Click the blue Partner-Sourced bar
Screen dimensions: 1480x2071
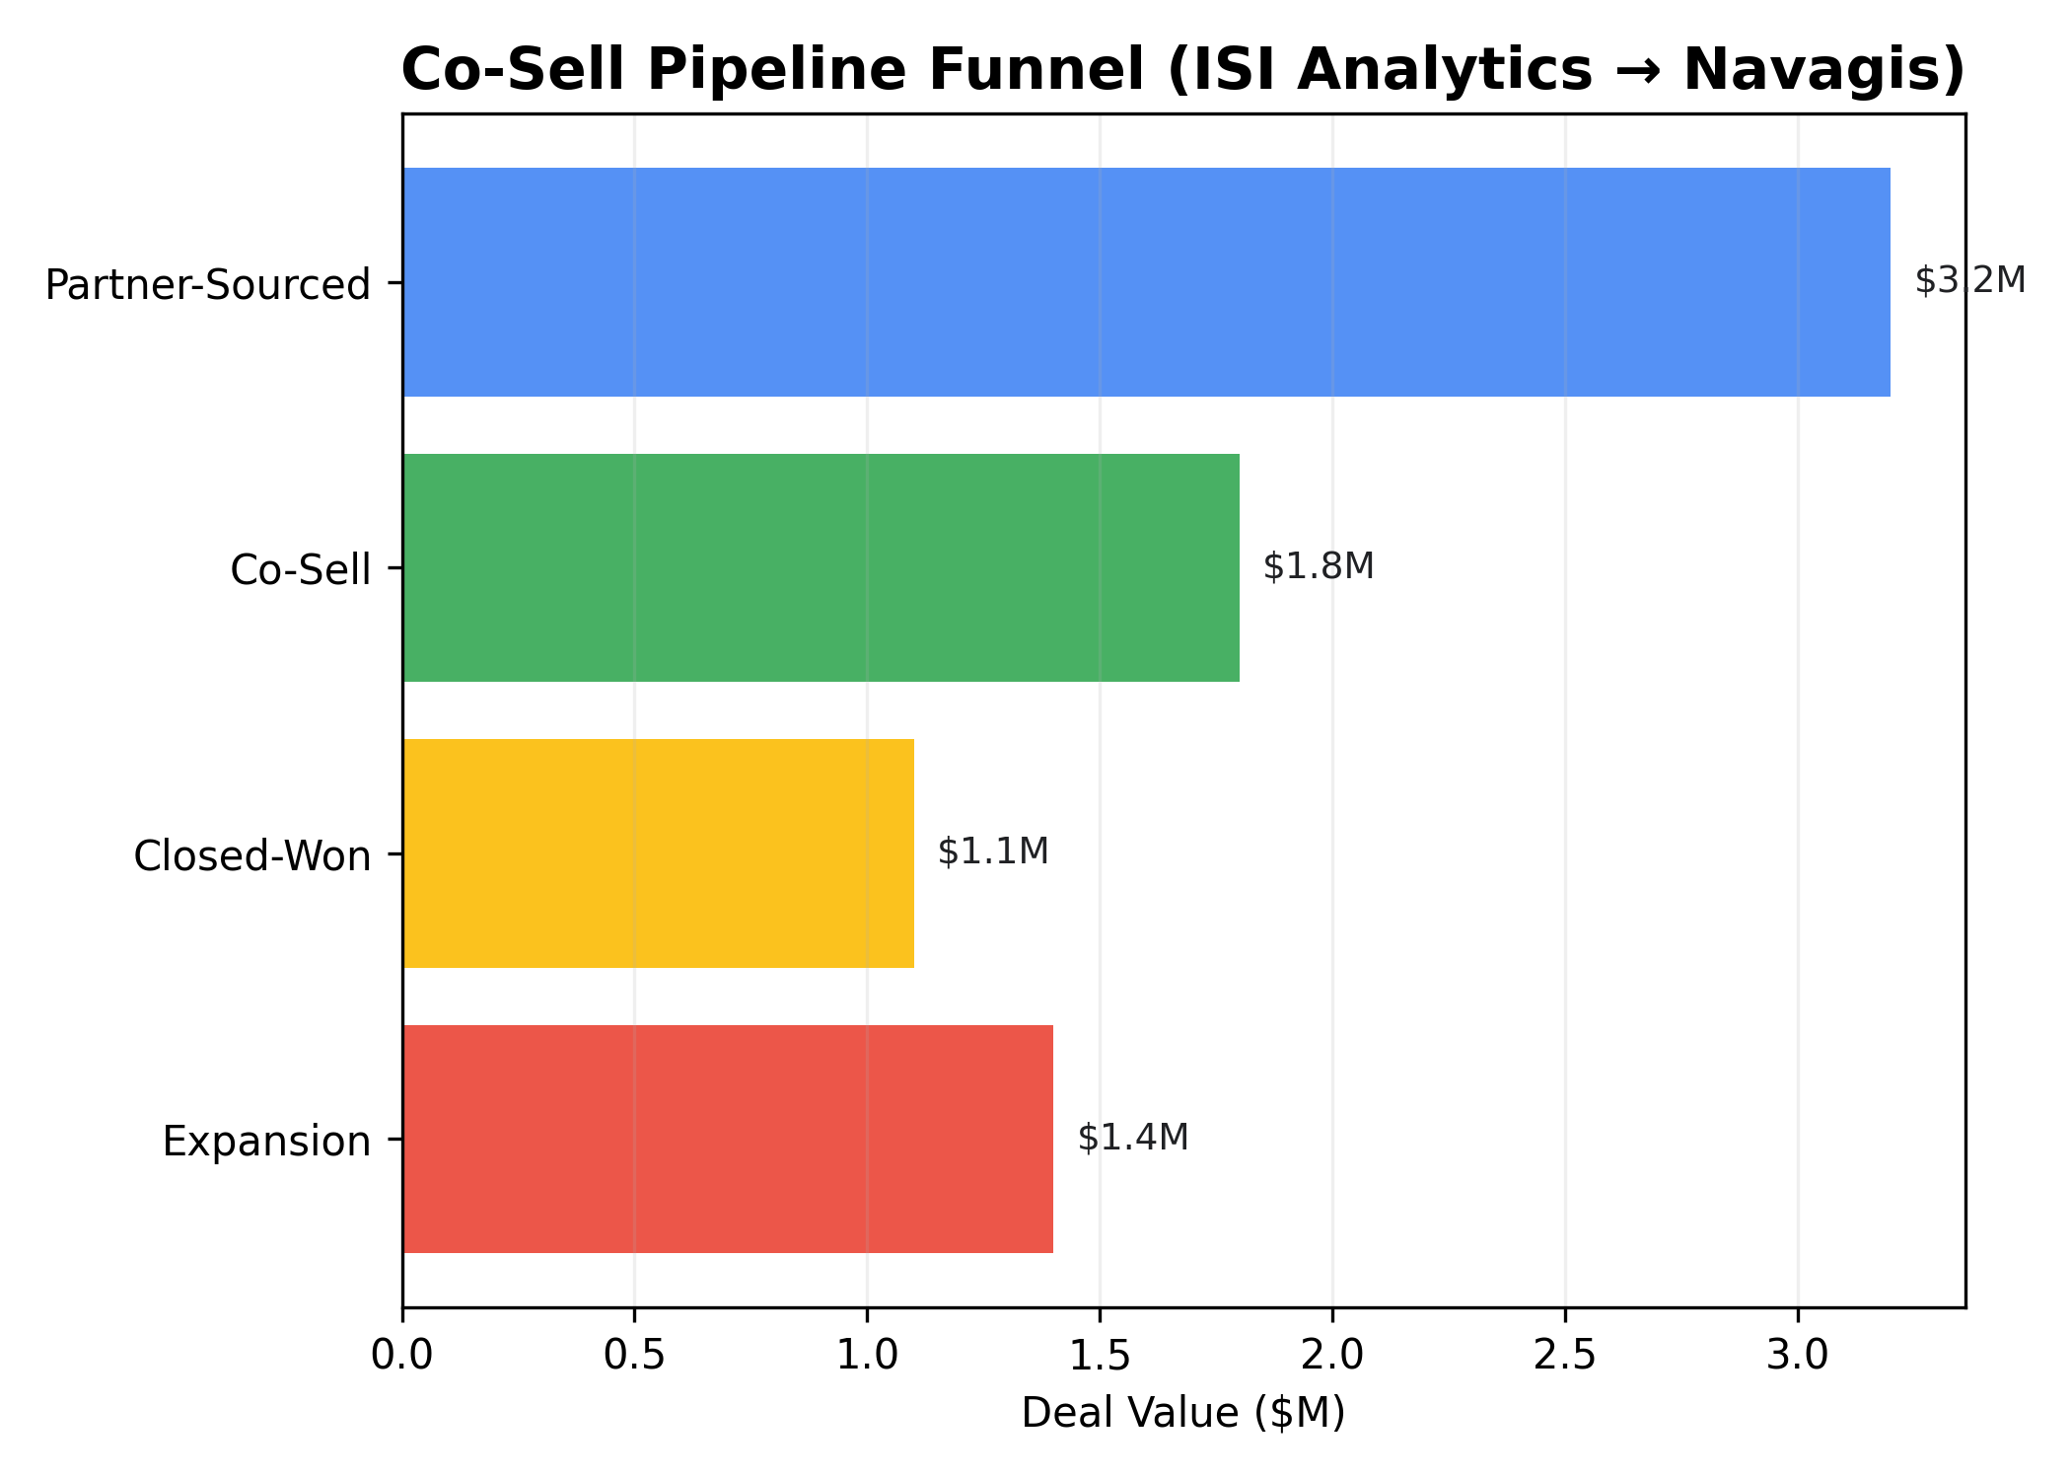(1146, 282)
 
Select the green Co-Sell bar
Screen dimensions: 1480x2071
(821, 568)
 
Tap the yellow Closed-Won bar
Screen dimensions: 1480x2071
(658, 853)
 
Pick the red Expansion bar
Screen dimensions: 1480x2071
(728, 1139)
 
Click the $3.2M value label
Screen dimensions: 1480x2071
(1969, 281)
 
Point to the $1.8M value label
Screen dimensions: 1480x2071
(1319, 567)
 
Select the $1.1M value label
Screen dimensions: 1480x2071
(993, 851)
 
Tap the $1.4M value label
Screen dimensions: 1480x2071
(1133, 1138)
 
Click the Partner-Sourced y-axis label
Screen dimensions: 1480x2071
(208, 285)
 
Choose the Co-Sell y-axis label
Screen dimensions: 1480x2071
(301, 570)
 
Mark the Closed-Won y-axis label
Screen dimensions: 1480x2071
(252, 855)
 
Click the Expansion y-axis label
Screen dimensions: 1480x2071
(266, 1142)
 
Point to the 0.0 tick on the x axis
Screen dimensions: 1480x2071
(402, 1356)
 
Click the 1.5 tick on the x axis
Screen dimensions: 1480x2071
(1100, 1356)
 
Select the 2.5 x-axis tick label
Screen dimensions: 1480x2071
(1565, 1356)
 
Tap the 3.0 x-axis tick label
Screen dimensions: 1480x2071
(1798, 1356)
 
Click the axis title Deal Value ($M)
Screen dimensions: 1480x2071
(1183, 1413)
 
